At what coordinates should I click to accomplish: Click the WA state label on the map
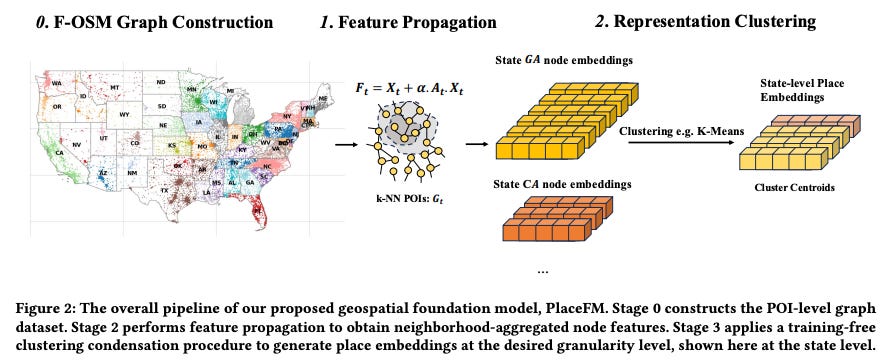pyautogui.click(x=58, y=83)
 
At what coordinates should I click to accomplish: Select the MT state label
pyautogui.click(x=115, y=88)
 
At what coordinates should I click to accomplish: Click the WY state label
pyautogui.click(x=124, y=115)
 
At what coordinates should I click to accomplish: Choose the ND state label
pyautogui.click(x=160, y=82)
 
